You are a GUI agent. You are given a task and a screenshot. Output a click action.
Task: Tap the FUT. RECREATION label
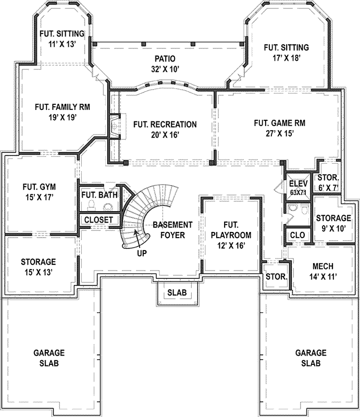pyautogui.click(x=165, y=124)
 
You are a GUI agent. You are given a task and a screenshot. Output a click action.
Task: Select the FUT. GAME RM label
pyautogui.click(x=279, y=123)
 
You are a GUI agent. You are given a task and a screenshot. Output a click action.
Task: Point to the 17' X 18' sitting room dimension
pyautogui.click(x=287, y=58)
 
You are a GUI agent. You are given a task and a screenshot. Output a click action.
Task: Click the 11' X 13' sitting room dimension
pyautogui.click(x=61, y=44)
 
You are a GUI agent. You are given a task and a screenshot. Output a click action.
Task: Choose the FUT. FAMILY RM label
pyautogui.click(x=62, y=107)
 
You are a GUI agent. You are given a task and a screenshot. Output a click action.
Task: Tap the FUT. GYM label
pyautogui.click(x=39, y=186)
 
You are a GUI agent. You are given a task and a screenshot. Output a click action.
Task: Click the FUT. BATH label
pyautogui.click(x=100, y=195)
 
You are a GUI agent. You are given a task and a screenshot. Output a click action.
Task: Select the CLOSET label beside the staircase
pyautogui.click(x=98, y=220)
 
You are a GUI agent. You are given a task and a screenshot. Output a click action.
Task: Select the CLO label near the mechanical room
pyautogui.click(x=297, y=235)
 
